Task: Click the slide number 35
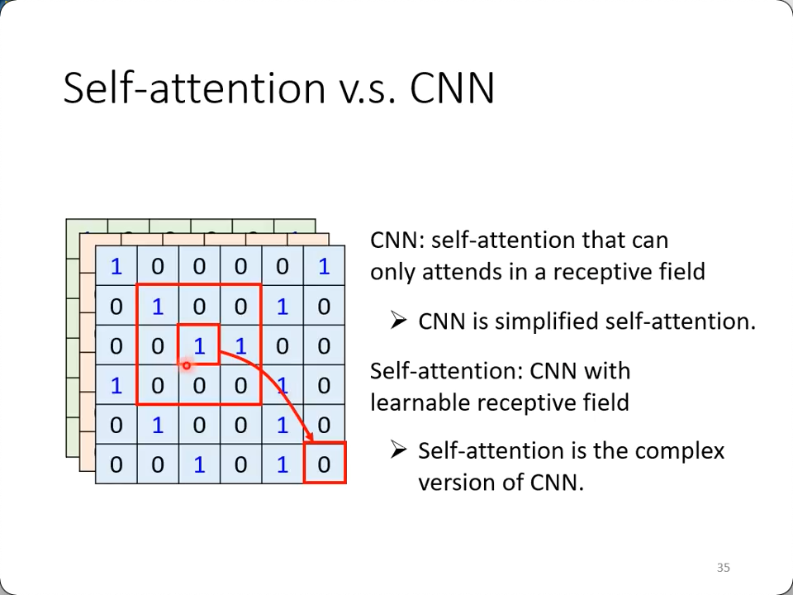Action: [x=724, y=567]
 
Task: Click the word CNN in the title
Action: [x=452, y=88]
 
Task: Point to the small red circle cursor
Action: [x=187, y=365]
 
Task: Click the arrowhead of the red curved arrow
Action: [x=308, y=436]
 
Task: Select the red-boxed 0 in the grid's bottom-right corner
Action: [x=325, y=463]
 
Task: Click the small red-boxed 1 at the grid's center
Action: [x=199, y=345]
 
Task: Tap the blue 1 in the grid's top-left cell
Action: [x=116, y=266]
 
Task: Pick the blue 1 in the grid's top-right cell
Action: [x=324, y=266]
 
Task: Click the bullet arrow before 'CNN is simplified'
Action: [x=398, y=321]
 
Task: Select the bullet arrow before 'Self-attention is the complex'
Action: [x=398, y=450]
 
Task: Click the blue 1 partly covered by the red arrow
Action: [x=283, y=386]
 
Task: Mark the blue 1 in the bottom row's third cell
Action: [x=199, y=464]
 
